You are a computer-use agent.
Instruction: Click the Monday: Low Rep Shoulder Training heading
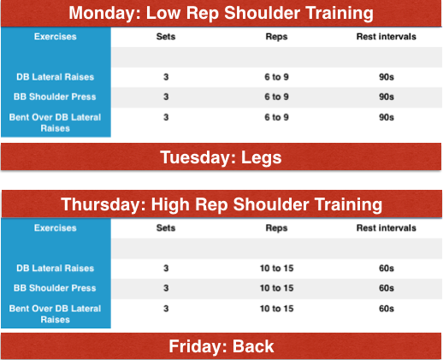point(221,13)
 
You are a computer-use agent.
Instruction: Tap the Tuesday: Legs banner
point(221,157)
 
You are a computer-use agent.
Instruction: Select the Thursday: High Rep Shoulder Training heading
point(221,204)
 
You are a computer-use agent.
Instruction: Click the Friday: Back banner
point(221,346)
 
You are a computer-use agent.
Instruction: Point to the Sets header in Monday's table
point(166,37)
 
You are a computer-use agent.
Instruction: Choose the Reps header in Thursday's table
point(276,228)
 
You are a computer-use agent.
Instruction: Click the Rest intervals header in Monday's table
point(387,37)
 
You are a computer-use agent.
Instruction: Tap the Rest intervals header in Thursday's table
point(387,227)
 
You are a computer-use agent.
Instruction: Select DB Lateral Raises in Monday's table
point(55,77)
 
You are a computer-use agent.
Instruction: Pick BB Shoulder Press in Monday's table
point(55,97)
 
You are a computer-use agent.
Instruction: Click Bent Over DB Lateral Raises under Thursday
point(55,314)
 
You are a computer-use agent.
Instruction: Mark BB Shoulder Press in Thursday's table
point(55,288)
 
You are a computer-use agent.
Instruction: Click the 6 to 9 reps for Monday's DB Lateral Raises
point(276,77)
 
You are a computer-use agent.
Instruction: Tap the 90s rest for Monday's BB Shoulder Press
point(387,97)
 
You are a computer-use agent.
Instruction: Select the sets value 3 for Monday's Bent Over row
point(166,117)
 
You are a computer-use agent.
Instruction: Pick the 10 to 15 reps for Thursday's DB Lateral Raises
point(276,269)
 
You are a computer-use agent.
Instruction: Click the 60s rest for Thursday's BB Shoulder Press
point(387,288)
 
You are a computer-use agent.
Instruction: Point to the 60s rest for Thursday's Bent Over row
point(387,309)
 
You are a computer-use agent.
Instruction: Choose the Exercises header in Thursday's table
point(56,227)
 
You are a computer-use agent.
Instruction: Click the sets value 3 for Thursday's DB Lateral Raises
point(166,269)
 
